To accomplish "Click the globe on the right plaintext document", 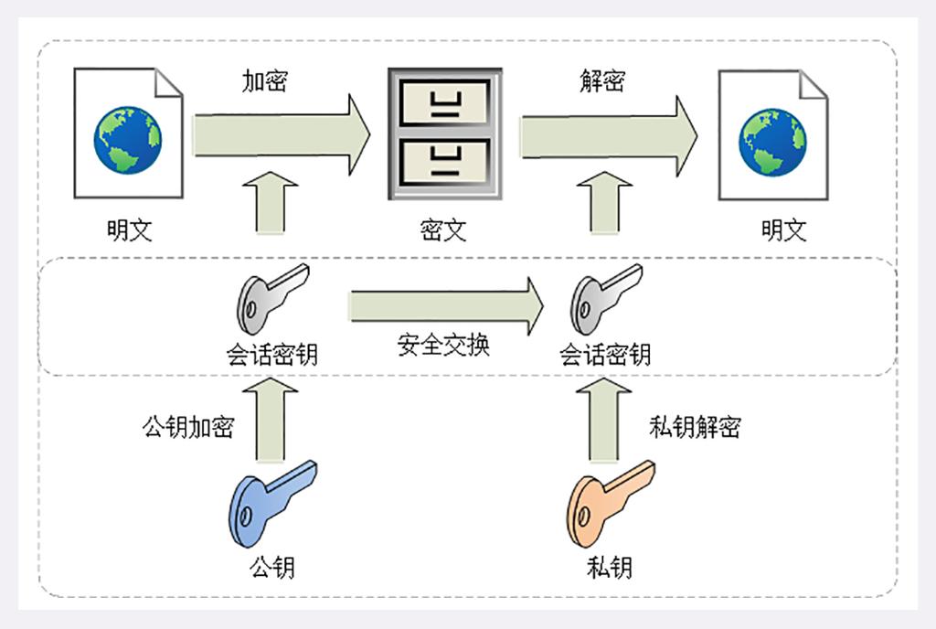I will click(x=773, y=142).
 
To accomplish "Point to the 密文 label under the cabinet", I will click(x=444, y=229).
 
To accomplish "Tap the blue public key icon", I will click(x=271, y=502).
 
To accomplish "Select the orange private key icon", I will click(x=609, y=502).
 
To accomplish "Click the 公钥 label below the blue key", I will click(x=271, y=567).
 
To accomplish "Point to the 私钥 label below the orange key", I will click(x=610, y=567).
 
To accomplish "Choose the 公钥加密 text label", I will click(x=187, y=427).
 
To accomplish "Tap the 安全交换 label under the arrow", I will click(x=444, y=345).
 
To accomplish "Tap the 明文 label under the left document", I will click(x=129, y=229).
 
